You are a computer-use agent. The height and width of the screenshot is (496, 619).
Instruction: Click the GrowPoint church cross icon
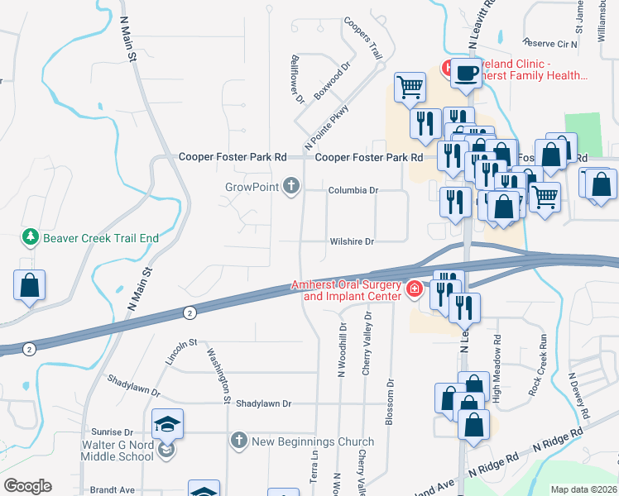click(290, 186)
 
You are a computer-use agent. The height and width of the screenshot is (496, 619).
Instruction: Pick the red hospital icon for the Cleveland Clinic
click(446, 66)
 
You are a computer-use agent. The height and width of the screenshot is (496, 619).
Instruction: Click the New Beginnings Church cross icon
click(239, 441)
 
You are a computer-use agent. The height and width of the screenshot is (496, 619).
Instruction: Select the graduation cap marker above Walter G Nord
click(166, 425)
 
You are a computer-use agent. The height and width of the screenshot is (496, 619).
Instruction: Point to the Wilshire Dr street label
click(353, 241)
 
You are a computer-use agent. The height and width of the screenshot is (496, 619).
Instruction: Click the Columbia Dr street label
click(353, 190)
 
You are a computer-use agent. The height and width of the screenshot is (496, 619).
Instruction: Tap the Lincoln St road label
click(181, 352)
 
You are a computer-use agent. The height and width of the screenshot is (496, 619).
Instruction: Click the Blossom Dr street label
click(389, 402)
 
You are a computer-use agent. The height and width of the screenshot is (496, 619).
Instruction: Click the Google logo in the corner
click(27, 485)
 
